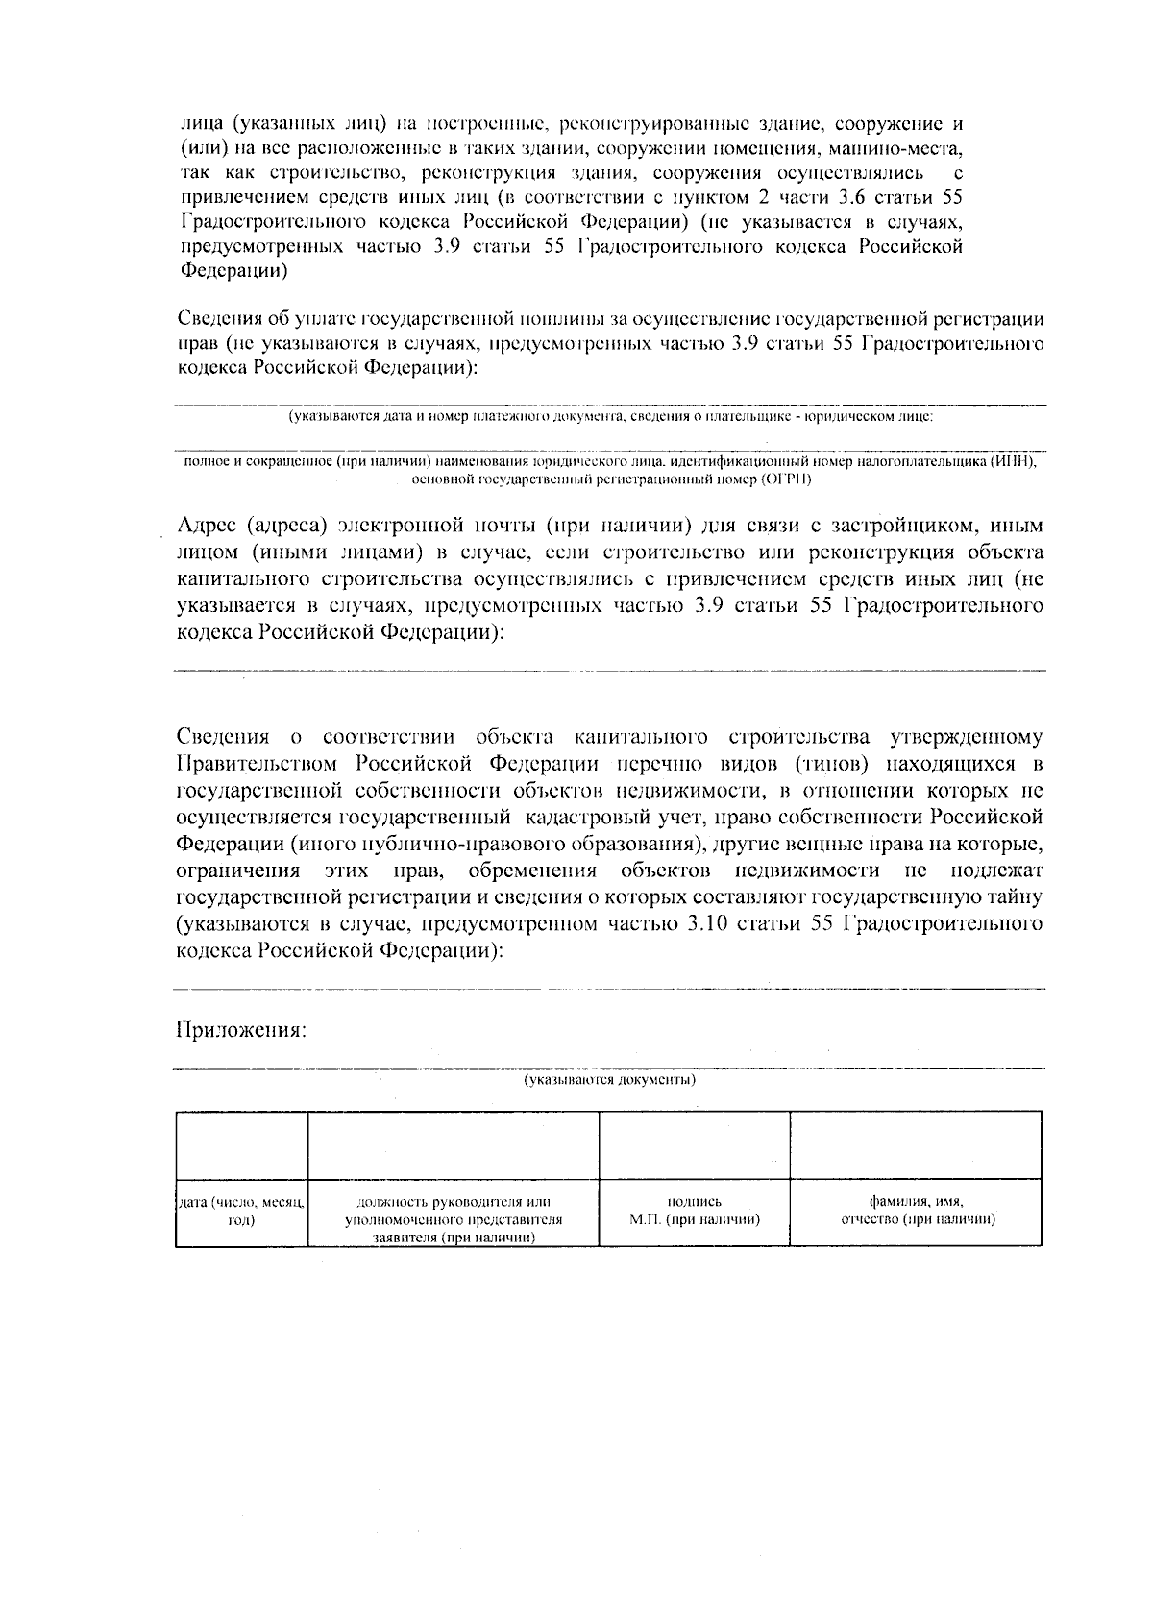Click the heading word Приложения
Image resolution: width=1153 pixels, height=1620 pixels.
[241, 1031]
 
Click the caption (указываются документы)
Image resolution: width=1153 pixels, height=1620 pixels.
[609, 1080]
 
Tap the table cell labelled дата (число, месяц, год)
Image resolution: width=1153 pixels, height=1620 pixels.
[241, 1212]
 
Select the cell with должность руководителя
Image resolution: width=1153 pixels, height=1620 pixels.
[454, 1218]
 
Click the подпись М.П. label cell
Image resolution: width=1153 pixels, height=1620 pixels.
[694, 1211]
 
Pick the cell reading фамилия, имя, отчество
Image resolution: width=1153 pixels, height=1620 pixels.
[917, 1211]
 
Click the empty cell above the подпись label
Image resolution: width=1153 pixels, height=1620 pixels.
[694, 1145]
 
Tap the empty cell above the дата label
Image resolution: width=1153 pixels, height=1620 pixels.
[241, 1145]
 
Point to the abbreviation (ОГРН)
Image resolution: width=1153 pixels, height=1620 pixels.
[786, 479]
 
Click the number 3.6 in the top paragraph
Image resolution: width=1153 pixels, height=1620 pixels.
[861, 198]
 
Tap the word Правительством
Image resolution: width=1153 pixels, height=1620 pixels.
[257, 764]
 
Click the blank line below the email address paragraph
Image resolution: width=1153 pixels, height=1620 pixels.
[609, 670]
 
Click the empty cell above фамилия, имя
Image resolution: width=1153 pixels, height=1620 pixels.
[916, 1145]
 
